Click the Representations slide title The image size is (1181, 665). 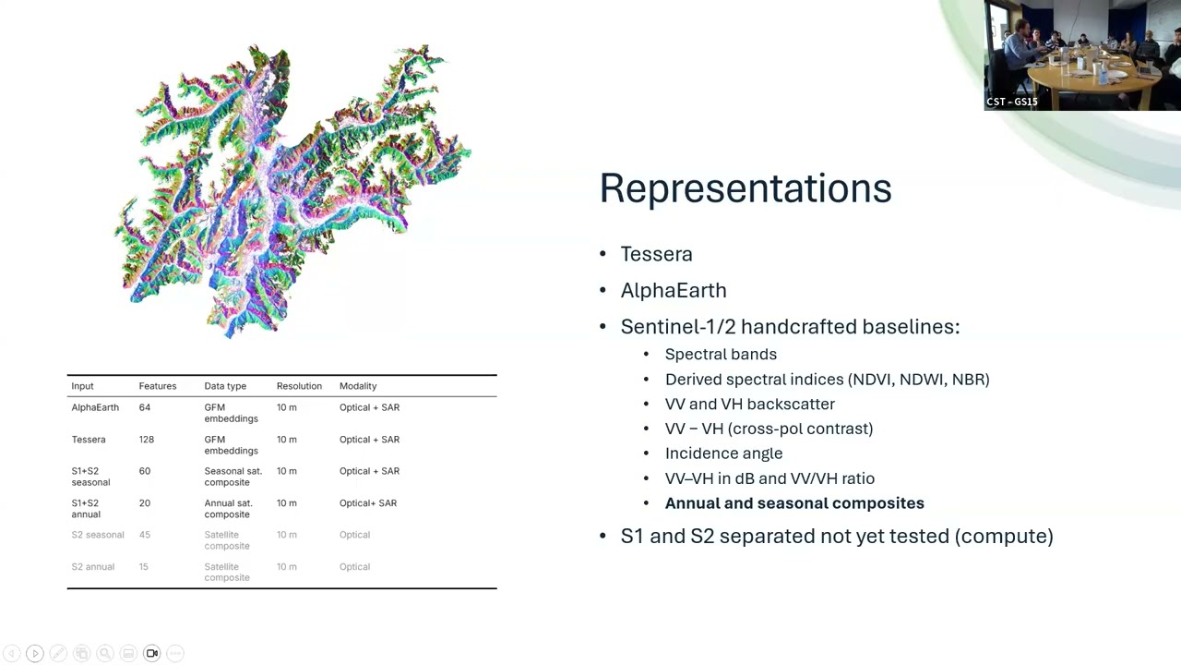[745, 188]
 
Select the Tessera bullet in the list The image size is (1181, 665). [656, 254]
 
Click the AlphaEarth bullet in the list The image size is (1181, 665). [673, 290]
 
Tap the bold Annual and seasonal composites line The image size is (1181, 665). [793, 503]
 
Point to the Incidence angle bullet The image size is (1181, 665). [723, 453]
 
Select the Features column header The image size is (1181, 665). [157, 386]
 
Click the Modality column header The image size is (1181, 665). [358, 386]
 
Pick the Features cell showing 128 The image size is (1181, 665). [146, 440]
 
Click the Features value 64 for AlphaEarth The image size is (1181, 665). [144, 407]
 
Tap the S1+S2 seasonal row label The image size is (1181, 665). [90, 477]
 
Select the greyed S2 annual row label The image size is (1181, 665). [92, 567]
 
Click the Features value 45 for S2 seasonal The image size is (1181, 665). [144, 535]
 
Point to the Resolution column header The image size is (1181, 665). [299, 386]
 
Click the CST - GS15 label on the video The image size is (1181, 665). [1012, 102]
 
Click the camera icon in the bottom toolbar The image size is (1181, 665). [152, 654]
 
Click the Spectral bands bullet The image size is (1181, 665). [720, 355]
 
